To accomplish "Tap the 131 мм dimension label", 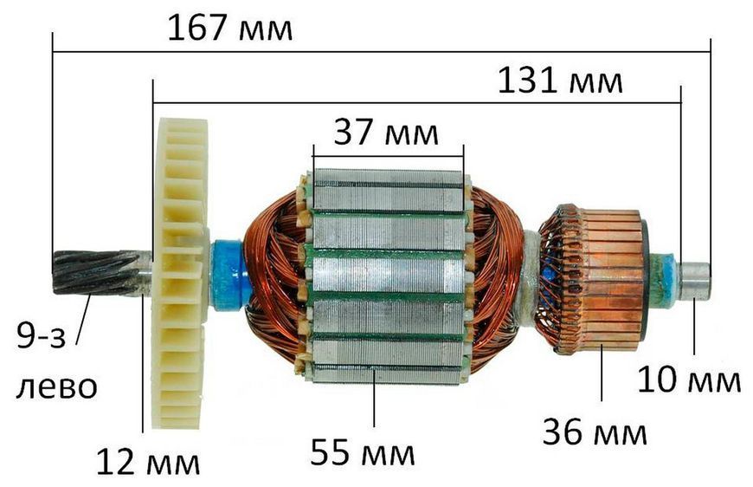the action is (560, 81).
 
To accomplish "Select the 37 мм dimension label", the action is (386, 133).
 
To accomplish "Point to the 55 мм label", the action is (363, 452).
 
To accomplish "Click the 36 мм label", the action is (595, 432).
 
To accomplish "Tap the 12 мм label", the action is (148, 462).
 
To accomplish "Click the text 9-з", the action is (41, 335).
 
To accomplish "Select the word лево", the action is (56, 387).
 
